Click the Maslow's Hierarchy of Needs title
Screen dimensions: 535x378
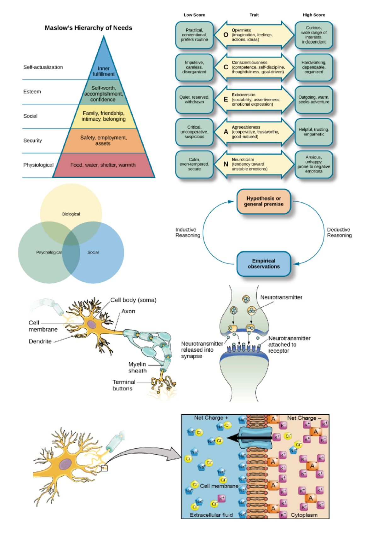[x=88, y=28]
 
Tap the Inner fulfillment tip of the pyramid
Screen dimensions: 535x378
[x=104, y=71]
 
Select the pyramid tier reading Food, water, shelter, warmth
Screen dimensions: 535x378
[x=103, y=165]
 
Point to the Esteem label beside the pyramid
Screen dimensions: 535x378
[x=32, y=92]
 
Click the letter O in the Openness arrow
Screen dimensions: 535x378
[x=226, y=35]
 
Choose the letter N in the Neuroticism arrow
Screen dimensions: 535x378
[x=226, y=164]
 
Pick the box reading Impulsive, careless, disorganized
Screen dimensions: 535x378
[x=194, y=67]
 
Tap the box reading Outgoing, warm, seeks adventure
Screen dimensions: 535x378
[x=314, y=100]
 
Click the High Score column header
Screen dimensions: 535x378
[x=314, y=15]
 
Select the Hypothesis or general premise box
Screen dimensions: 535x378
[x=264, y=201]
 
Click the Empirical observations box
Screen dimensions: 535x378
[x=264, y=264]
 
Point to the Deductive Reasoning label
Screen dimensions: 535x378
[x=339, y=233]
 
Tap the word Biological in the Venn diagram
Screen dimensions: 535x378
[x=71, y=214]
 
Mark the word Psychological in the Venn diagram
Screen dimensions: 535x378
[x=49, y=252]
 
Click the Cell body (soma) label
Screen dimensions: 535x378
[x=133, y=300]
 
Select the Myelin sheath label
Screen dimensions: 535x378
[x=137, y=367]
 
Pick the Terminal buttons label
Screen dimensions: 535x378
[x=123, y=385]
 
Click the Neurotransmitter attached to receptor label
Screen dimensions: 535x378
[x=289, y=344]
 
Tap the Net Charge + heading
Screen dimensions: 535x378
[x=211, y=418]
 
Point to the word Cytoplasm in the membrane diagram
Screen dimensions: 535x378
[x=304, y=515]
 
